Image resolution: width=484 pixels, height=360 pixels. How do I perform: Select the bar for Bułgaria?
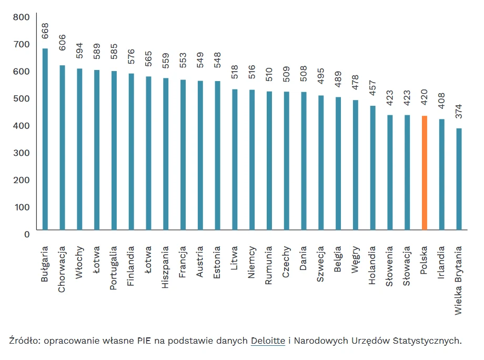point(45,139)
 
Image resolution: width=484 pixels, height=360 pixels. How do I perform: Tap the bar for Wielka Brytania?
point(459,179)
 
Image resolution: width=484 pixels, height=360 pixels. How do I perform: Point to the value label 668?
point(45,31)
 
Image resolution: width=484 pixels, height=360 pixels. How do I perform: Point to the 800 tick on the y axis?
point(22,17)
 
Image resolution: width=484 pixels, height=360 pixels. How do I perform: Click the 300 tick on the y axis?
point(22,153)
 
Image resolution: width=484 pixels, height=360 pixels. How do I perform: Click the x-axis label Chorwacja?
point(62,269)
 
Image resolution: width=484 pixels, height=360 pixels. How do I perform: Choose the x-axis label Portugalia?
point(114,268)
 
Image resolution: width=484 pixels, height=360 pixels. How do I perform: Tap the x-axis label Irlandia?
point(442,263)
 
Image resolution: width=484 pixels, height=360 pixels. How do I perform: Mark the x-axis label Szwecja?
point(321,264)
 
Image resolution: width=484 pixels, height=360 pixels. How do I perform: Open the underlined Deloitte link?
point(268,341)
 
